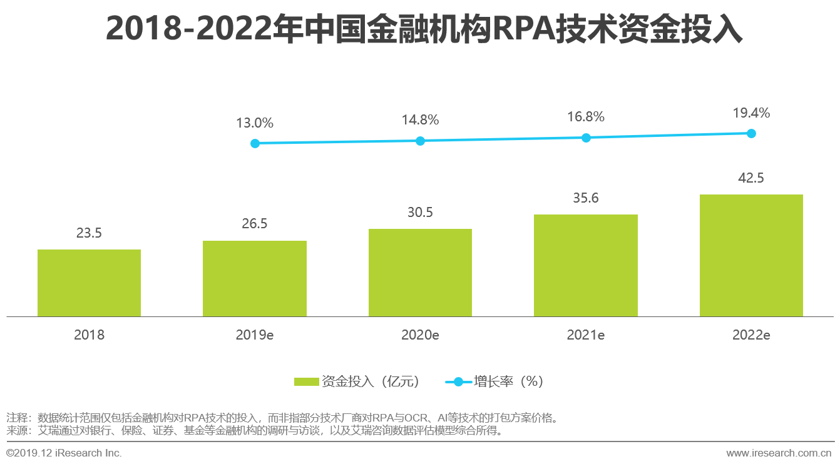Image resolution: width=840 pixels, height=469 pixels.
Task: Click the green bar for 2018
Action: pyautogui.click(x=89, y=283)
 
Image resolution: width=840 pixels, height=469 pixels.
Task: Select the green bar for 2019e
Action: pyautogui.click(x=255, y=278)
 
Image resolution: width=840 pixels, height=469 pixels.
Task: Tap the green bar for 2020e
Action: pyautogui.click(x=420, y=273)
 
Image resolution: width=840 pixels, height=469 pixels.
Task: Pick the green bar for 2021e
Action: pyautogui.click(x=586, y=265)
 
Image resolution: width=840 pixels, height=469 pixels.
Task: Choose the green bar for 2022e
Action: pyautogui.click(x=751, y=255)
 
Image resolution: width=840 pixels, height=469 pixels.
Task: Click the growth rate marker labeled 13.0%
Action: pyautogui.click(x=255, y=143)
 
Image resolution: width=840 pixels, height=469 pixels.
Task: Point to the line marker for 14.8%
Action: pyautogui.click(x=420, y=141)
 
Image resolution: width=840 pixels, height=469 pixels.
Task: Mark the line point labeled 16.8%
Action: pyautogui.click(x=586, y=138)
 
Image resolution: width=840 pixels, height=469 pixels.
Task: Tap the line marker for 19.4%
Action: pyautogui.click(x=751, y=133)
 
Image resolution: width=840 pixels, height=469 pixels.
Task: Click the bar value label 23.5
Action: pyautogui.click(x=89, y=233)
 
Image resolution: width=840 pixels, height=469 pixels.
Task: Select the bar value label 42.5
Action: pyautogui.click(x=751, y=178)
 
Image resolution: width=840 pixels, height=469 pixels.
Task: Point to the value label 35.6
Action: pyautogui.click(x=586, y=198)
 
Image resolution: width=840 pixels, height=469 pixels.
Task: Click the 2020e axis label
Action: pyautogui.click(x=420, y=335)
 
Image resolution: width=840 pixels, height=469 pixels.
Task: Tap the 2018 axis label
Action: pyautogui.click(x=89, y=335)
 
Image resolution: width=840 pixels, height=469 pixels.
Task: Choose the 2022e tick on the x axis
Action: pyautogui.click(x=751, y=335)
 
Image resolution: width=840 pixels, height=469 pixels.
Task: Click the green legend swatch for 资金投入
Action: pyautogui.click(x=306, y=381)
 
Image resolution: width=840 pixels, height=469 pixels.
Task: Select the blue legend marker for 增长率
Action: pyautogui.click(x=458, y=381)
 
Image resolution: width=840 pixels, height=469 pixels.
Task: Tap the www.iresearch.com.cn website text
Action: pyautogui.click(x=779, y=453)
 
